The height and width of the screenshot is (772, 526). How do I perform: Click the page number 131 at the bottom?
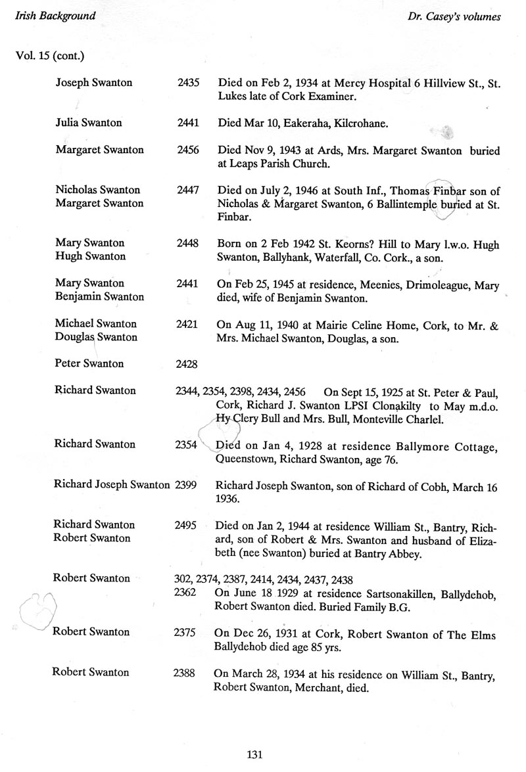[254, 754]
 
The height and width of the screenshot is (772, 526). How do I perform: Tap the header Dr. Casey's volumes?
[454, 17]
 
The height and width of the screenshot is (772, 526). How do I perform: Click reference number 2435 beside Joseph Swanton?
[188, 83]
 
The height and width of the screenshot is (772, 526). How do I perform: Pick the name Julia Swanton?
[89, 123]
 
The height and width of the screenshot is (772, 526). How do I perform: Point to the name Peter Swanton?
[90, 363]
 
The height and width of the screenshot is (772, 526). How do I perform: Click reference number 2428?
[188, 363]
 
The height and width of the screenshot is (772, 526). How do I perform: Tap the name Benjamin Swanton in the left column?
[99, 296]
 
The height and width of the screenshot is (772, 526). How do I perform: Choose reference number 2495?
[188, 524]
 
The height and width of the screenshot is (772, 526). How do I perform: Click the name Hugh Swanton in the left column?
[90, 256]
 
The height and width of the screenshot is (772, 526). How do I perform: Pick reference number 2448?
[188, 243]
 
